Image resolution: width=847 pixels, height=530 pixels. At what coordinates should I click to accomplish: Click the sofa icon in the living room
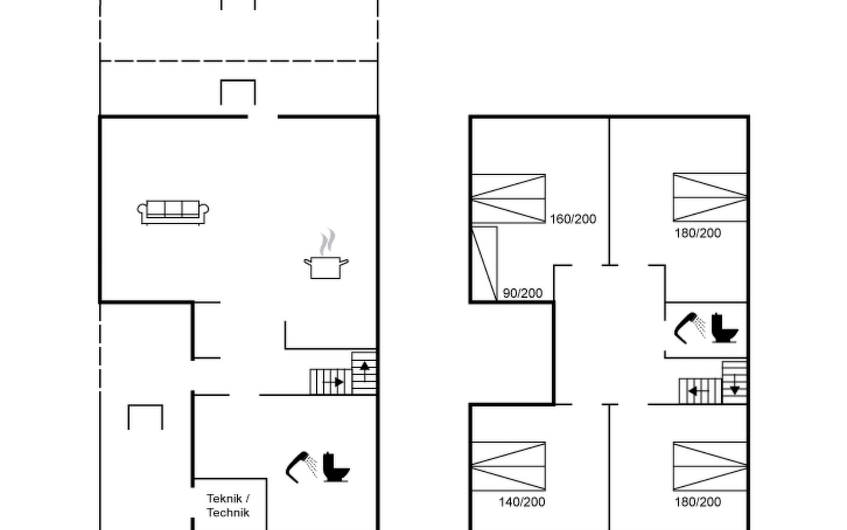(x=173, y=212)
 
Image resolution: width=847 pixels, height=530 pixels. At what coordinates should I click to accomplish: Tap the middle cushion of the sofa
(x=173, y=208)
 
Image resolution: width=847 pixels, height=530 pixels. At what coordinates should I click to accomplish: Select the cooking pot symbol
(x=326, y=268)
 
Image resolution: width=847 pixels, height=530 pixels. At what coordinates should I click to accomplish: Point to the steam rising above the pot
(x=327, y=242)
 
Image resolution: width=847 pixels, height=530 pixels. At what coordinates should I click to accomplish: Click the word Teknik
(x=224, y=499)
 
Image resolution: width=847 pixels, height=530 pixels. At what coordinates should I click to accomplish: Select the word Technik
(x=228, y=513)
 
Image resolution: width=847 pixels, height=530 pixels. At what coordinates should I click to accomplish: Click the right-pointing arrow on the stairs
(x=333, y=382)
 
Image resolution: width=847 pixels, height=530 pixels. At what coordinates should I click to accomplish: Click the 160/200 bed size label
(x=573, y=219)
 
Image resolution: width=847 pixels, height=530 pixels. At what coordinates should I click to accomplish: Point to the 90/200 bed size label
(x=523, y=293)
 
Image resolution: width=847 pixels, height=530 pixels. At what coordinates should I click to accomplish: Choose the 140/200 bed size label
(x=522, y=502)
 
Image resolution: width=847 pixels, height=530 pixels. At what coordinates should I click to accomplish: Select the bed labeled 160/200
(x=509, y=199)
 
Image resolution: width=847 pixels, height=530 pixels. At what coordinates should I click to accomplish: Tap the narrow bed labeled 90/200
(x=484, y=264)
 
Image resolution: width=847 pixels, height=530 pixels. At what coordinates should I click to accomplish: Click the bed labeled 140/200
(x=509, y=466)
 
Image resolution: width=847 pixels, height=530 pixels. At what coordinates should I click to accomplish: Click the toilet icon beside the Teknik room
(x=336, y=467)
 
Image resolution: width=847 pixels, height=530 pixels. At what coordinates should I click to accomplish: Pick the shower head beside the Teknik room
(x=301, y=467)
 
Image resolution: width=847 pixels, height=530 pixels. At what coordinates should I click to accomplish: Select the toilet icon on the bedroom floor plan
(x=724, y=328)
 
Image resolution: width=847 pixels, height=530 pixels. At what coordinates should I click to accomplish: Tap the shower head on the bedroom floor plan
(x=690, y=328)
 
